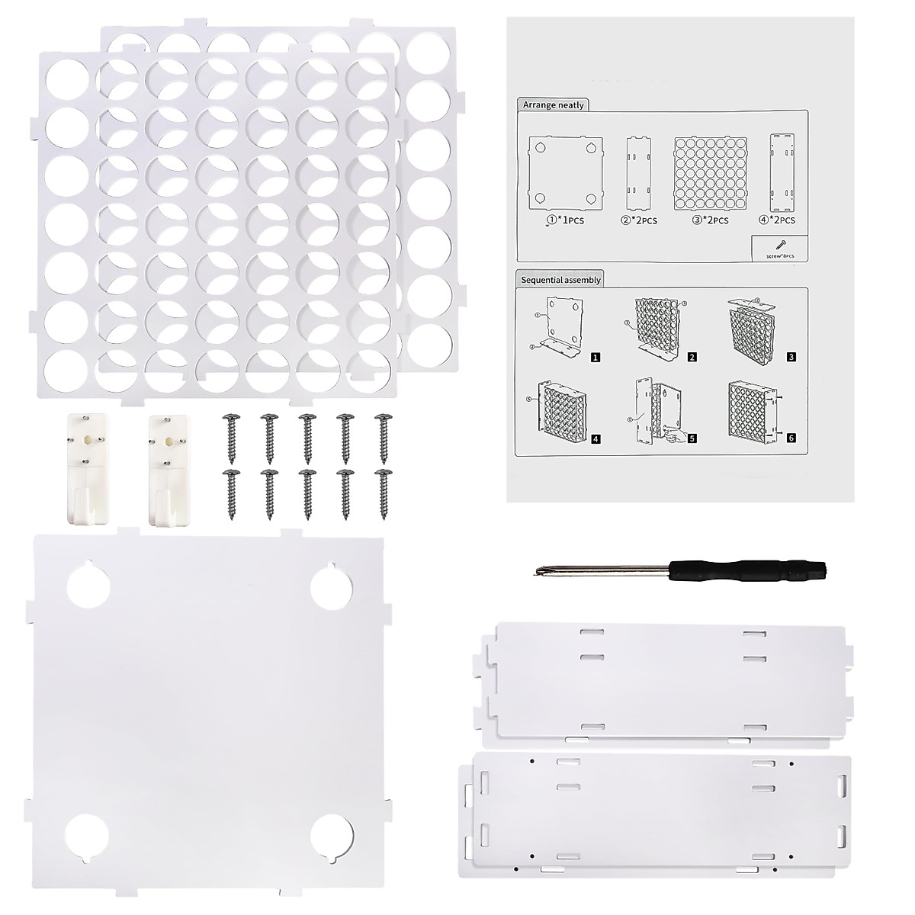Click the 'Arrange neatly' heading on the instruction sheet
pos(554,104)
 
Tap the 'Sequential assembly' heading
pos(561,280)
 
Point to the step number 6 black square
pos(791,438)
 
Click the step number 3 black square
pos(791,356)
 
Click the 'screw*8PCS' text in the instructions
pos(778,256)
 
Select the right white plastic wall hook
pos(165,468)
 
